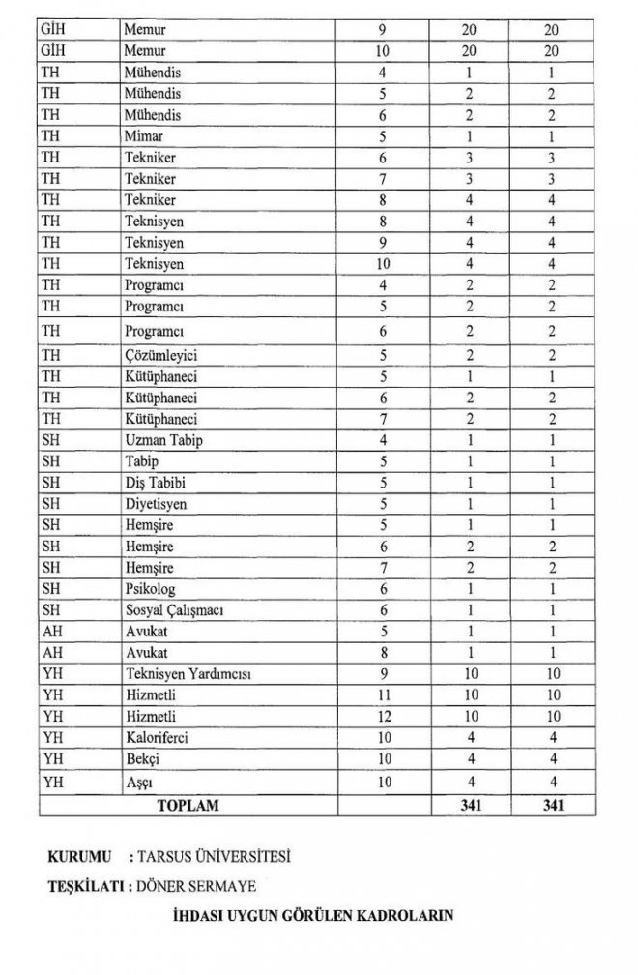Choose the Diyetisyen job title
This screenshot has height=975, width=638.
coord(155,504)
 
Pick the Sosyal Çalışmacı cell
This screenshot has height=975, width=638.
coord(172,609)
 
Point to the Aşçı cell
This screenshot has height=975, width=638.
coord(140,781)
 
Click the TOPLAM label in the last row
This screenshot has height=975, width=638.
coord(188,804)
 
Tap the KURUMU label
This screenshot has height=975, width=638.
coord(79,857)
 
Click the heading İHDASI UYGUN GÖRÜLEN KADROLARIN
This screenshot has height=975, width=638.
coord(317,914)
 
